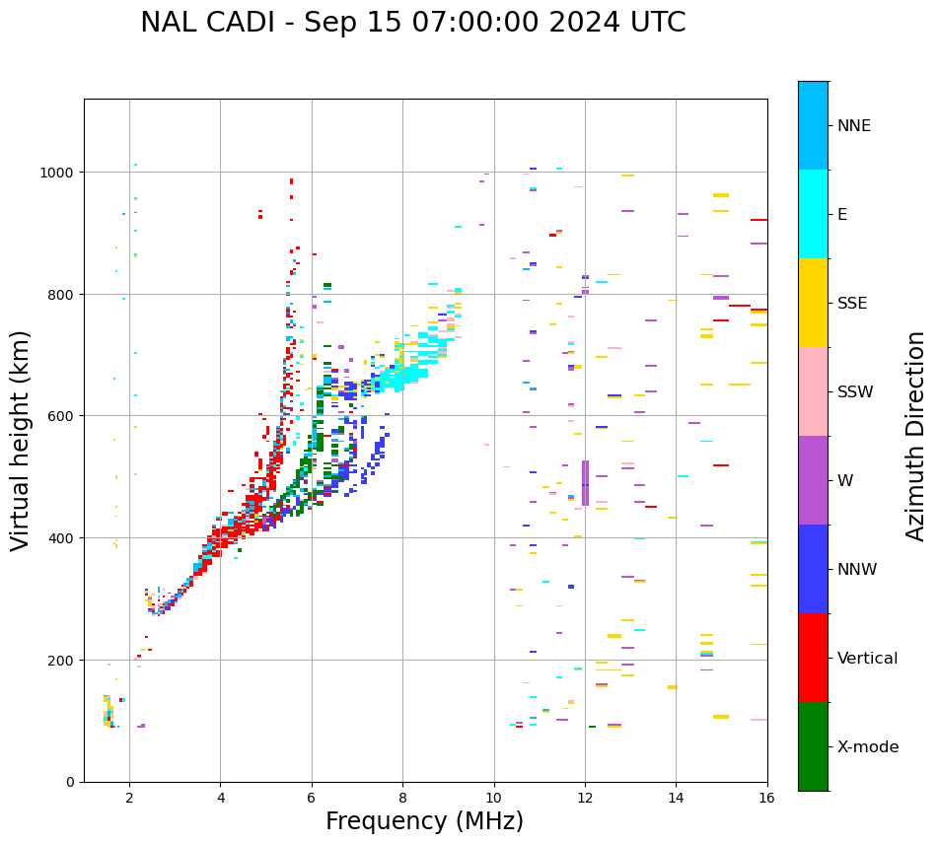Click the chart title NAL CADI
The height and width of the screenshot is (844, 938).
point(412,23)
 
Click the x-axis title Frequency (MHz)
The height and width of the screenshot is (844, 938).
point(424,821)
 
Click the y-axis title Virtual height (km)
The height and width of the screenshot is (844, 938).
point(21,440)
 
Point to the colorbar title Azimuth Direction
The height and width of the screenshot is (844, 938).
point(916,436)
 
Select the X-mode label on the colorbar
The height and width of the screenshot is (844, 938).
point(868,747)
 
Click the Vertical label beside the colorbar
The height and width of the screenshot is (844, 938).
point(868,659)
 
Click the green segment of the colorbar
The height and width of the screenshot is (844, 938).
point(813,746)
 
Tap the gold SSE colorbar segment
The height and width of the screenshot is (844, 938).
point(813,303)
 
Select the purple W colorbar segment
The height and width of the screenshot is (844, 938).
point(813,480)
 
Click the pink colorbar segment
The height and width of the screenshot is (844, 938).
point(813,391)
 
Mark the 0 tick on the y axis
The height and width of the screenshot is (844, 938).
point(71,782)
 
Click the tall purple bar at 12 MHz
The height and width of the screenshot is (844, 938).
point(585,483)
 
